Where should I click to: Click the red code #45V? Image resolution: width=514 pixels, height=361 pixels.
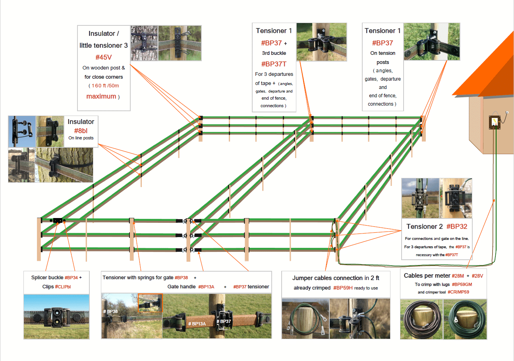tap(103, 56)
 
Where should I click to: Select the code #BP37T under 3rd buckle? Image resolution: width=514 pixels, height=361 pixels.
tap(274, 64)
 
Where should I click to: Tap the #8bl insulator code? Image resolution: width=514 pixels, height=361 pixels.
tap(81, 131)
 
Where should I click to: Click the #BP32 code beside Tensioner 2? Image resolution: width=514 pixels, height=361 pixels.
tap(456, 226)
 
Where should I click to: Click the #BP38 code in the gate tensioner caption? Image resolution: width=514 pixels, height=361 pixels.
tap(181, 278)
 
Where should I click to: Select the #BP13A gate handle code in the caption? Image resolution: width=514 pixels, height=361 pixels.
tap(206, 287)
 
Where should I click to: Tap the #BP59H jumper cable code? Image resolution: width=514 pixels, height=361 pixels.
tap(343, 288)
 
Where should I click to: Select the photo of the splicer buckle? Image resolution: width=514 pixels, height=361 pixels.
tap(56, 317)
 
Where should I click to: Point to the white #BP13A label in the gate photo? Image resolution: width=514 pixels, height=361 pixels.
tap(197, 324)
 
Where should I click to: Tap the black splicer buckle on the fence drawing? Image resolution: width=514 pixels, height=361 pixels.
tap(58, 220)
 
